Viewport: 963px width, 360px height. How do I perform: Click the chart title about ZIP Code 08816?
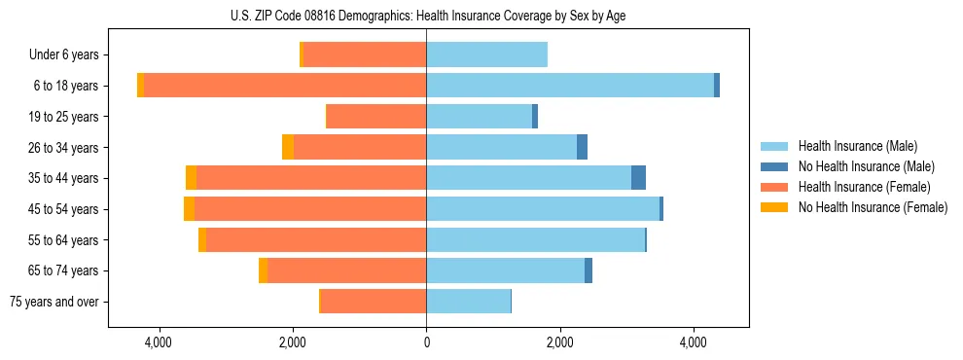click(x=427, y=16)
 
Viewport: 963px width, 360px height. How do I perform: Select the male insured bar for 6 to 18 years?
click(x=570, y=86)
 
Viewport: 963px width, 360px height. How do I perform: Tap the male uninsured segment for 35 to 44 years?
click(x=638, y=178)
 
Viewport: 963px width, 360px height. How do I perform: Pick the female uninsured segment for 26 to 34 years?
click(x=288, y=147)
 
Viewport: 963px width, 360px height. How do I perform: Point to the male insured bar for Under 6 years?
click(x=486, y=54)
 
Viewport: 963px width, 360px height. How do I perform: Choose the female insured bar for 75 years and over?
click(x=374, y=302)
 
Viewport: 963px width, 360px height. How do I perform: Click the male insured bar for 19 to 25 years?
click(x=479, y=117)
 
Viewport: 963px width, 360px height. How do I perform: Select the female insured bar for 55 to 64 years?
click(x=316, y=239)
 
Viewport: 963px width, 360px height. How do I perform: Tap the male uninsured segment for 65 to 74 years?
click(x=588, y=270)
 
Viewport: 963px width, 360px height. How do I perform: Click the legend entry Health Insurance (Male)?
click(x=856, y=146)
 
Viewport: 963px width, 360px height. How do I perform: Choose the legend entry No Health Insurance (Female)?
click(x=873, y=207)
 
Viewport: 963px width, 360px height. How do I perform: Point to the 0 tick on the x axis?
click(x=426, y=342)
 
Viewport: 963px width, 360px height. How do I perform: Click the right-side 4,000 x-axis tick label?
click(x=693, y=342)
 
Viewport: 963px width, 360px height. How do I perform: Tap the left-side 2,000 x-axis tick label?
click(x=293, y=342)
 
